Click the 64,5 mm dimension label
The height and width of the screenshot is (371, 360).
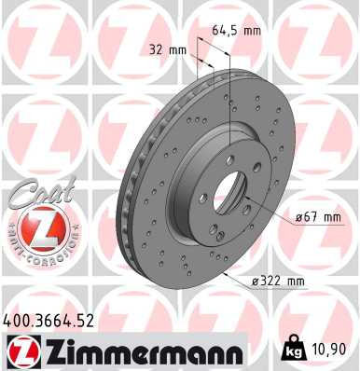pos(234,30)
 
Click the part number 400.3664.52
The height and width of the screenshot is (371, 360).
pos(48,321)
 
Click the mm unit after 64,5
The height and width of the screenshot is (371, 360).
pos(250,30)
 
